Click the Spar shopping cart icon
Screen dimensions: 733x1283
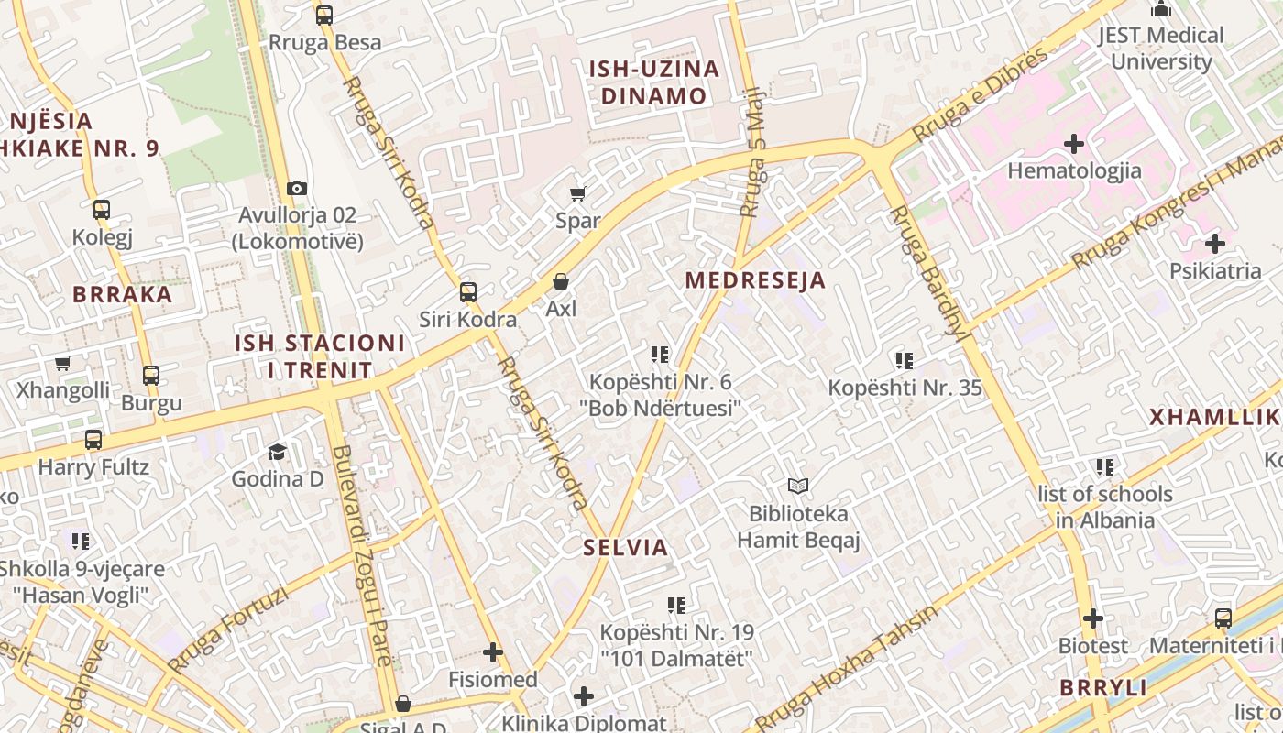point(578,193)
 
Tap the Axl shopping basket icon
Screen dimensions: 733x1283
point(561,281)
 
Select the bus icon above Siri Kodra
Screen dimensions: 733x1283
point(468,292)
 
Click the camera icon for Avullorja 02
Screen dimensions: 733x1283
point(297,188)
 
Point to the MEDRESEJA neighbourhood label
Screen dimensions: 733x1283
point(756,280)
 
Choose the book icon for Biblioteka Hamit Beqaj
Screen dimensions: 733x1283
point(798,486)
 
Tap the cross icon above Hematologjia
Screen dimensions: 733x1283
point(1074,144)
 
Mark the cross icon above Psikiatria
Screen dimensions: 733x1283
point(1215,244)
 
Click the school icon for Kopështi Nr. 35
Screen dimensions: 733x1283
point(905,361)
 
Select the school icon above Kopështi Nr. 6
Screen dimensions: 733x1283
point(660,354)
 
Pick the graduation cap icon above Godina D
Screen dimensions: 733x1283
point(277,451)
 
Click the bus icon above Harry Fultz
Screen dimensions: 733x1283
point(93,439)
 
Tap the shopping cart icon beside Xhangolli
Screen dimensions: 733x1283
point(63,363)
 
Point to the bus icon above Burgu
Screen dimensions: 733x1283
point(151,375)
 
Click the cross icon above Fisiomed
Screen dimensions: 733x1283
point(493,652)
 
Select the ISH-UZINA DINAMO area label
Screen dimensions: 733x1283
point(653,82)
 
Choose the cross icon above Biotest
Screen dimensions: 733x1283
point(1093,618)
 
